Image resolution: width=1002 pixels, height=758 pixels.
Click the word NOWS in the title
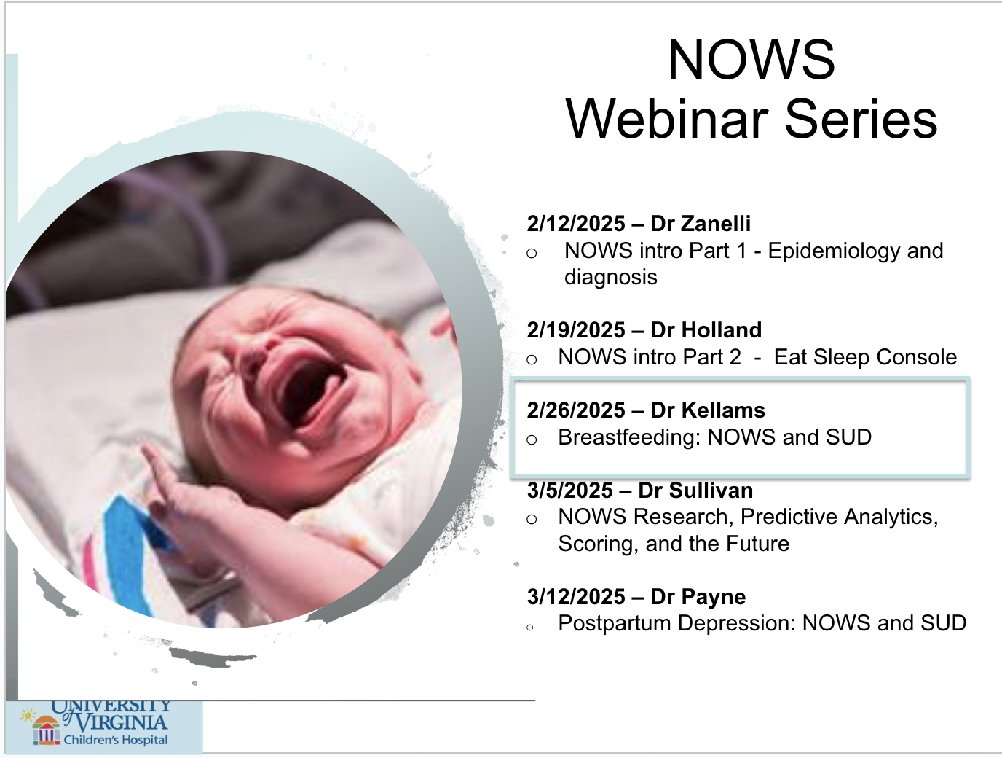[751, 59]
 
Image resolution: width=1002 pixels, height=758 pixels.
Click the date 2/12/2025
[575, 224]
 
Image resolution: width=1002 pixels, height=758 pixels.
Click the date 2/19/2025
[575, 330]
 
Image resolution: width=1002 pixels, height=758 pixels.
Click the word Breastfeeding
[629, 437]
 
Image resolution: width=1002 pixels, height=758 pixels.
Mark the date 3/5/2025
[569, 491]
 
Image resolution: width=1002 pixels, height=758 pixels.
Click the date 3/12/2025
[575, 597]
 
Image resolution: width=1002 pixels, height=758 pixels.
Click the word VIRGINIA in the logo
[122, 722]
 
